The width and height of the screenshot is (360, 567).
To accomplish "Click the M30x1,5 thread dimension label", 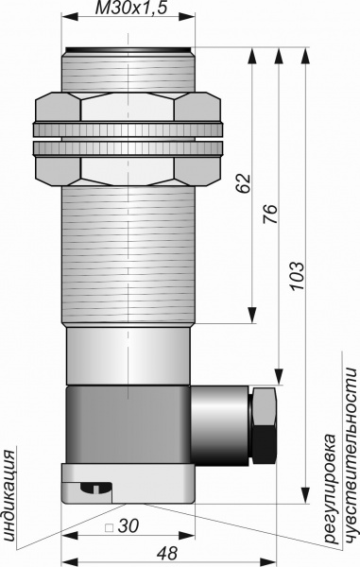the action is tap(130, 8).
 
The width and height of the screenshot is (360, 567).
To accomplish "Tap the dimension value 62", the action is tap(245, 183).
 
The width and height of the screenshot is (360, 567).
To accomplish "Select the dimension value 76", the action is tap(271, 215).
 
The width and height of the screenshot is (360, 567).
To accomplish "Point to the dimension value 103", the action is tap(298, 276).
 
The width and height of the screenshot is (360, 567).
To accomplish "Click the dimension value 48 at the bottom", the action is tap(167, 553).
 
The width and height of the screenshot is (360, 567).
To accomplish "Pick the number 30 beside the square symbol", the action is tap(128, 526).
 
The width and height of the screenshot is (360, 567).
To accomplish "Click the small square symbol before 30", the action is tap(109, 528).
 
